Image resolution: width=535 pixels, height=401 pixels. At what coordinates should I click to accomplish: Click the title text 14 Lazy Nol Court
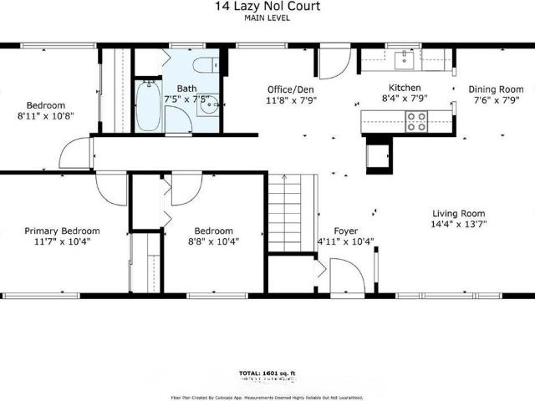tap(267, 7)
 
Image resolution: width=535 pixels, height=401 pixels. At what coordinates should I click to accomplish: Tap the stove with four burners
tap(416, 123)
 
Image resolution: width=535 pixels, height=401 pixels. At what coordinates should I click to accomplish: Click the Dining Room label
tap(495, 89)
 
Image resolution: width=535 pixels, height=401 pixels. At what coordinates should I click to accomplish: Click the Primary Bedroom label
tap(62, 231)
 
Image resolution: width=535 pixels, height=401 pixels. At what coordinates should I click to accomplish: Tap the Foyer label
tap(346, 231)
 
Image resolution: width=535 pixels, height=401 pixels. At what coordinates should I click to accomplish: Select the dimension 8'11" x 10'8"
tap(45, 116)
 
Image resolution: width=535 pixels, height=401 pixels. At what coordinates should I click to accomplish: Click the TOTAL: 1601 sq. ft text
tap(267, 373)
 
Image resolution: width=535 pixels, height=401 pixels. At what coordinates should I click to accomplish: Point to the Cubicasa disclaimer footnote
tap(267, 397)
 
